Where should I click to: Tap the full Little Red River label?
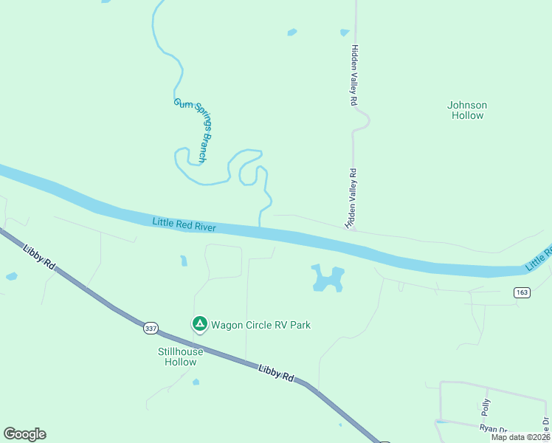coord(184,224)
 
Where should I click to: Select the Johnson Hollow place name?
coord(466,110)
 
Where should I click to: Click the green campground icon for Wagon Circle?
coord(199,323)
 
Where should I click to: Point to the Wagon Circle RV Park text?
coord(261,325)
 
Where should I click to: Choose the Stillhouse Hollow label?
coord(180,357)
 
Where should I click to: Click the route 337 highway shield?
coord(151,327)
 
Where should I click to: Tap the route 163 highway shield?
coord(522,293)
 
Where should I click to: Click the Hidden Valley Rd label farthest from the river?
coord(354,76)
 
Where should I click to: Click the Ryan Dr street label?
coord(493,428)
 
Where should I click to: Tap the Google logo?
coord(24,434)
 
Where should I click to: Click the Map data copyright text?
coord(521,437)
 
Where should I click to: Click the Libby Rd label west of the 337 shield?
coord(39,255)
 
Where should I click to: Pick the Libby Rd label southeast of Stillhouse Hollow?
coord(277,373)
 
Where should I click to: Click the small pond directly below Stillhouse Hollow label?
coord(196,382)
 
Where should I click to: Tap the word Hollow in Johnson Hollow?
coord(466,116)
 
